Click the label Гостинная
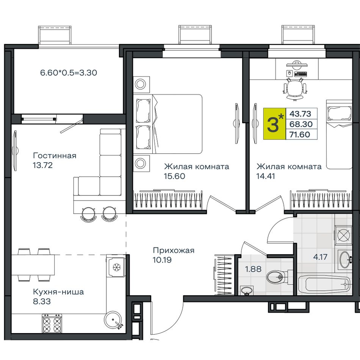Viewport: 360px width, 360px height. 55,156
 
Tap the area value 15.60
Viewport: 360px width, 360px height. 174,176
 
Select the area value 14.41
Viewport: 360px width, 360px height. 266,176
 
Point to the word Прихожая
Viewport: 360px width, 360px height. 174,250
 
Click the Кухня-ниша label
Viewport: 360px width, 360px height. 58,292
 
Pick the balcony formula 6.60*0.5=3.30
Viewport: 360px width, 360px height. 69,73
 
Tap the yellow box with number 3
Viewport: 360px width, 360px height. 275,124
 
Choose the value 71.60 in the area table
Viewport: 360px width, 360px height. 300,135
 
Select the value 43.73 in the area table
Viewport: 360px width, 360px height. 300,114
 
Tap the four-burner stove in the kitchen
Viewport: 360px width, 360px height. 52,324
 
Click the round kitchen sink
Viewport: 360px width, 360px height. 113,319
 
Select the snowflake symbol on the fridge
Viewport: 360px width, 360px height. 117,267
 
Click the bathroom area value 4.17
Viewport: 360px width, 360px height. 320,257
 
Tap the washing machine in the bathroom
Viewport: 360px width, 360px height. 343,235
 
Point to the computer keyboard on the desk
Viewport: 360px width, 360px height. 300,74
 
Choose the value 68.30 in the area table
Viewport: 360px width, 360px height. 301,124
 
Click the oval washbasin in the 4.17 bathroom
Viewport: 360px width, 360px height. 345,260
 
